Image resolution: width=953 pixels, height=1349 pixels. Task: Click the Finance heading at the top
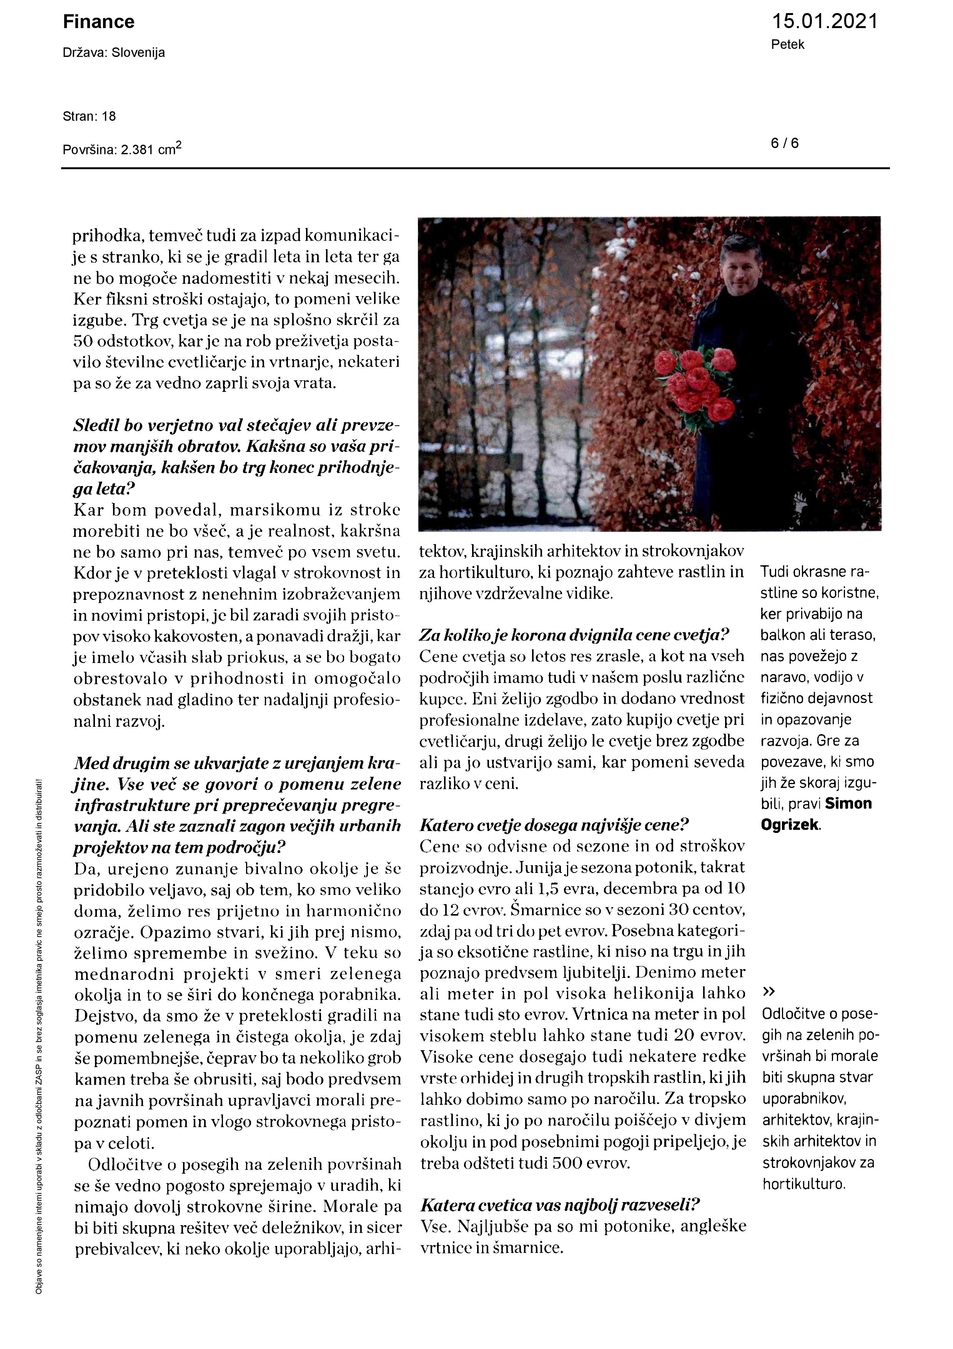99,22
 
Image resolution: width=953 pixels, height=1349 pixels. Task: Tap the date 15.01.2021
824,22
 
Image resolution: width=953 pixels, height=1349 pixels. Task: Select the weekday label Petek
787,45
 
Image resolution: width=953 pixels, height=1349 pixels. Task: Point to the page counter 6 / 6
785,143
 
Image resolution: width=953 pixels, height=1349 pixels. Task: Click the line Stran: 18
89,117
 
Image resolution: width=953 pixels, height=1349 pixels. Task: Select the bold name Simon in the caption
848,804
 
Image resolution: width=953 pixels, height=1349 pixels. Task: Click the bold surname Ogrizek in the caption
790,825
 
